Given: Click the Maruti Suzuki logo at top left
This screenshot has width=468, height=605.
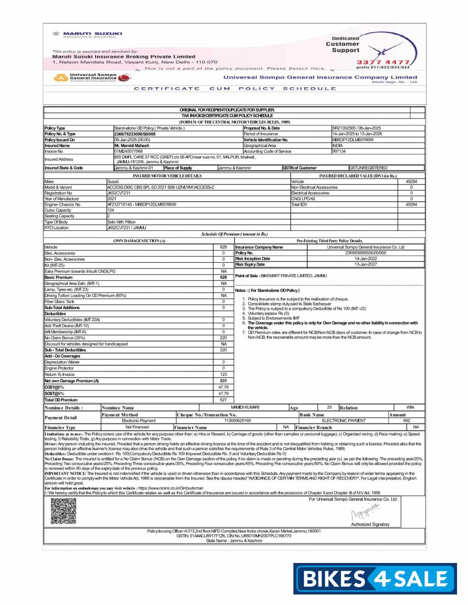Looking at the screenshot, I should pyautogui.click(x=87, y=34).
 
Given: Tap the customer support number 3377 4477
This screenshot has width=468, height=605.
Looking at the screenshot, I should pyautogui.click(x=383, y=62).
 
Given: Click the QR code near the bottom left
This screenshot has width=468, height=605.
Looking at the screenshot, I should pyautogui.click(x=63, y=511).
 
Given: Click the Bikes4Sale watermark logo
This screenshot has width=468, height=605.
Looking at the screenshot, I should pyautogui.click(x=375, y=579).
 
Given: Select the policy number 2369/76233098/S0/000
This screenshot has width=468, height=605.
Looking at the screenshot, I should pyautogui.click(x=135, y=134).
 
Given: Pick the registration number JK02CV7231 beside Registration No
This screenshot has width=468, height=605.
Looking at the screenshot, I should pyautogui.click(x=119, y=193).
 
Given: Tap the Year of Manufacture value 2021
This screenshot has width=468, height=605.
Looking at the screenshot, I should pyautogui.click(x=112, y=199).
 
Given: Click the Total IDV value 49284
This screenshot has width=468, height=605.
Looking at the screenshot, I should pyautogui.click(x=411, y=205).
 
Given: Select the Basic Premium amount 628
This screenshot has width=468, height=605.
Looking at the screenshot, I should pyautogui.click(x=223, y=277).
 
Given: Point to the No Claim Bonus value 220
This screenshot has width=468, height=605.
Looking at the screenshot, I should pyautogui.click(x=223, y=338).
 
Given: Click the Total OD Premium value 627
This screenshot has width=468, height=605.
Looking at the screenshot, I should pyautogui.click(x=223, y=400).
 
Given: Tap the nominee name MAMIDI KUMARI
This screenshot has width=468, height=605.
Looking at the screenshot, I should pyautogui.click(x=245, y=407).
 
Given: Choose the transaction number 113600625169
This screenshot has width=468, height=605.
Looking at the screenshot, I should pyautogui.click(x=237, y=421).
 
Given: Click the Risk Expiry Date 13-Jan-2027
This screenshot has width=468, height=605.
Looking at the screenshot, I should pyautogui.click(x=366, y=264).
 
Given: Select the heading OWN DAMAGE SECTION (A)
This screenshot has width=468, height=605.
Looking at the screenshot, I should pyautogui.click(x=139, y=241).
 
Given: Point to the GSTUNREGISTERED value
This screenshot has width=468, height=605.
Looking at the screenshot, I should pyautogui.click(x=368, y=168).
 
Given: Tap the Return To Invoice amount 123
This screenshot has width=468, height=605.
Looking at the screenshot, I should pyautogui.click(x=223, y=374).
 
